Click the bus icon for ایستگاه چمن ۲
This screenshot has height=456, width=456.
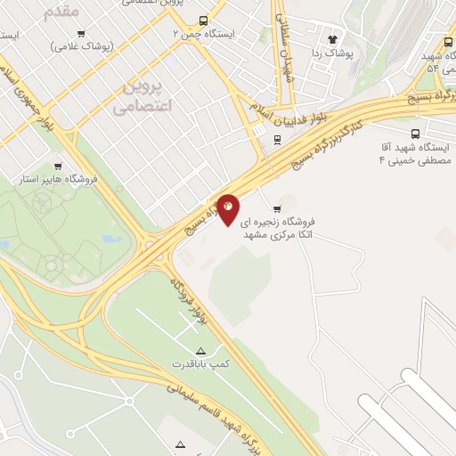click(x=204, y=20)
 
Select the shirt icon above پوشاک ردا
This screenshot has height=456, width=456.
click(x=334, y=39)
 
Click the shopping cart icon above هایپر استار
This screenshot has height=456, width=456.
click(x=58, y=166)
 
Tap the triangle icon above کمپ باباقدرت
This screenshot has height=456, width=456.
click(x=200, y=350)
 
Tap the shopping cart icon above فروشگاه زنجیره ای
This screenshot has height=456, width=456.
click(x=289, y=208)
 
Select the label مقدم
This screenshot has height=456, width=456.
click(x=61, y=11)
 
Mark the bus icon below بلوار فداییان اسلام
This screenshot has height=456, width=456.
click(x=278, y=139)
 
